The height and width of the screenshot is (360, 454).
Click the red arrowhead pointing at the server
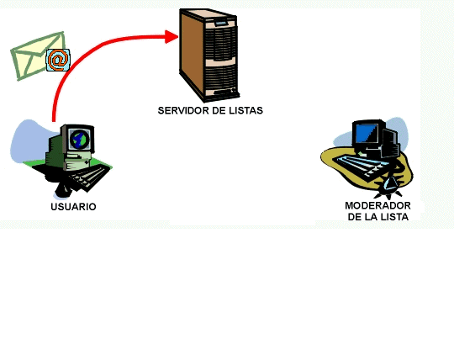[x=172, y=36]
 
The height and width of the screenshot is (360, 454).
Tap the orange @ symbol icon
[x=58, y=61]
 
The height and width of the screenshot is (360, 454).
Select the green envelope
[x=33, y=56]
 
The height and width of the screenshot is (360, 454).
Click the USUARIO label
[x=73, y=207]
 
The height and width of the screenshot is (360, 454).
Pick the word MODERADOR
[x=377, y=205]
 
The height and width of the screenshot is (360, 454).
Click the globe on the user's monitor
[x=80, y=140]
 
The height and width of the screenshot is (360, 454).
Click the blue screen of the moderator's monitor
[x=367, y=133]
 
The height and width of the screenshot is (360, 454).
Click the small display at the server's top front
[x=220, y=23]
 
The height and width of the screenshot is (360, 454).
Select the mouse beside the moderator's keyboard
[x=390, y=185]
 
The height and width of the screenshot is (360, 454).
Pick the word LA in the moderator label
[x=370, y=217]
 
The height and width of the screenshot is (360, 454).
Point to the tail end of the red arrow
[x=54, y=120]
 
